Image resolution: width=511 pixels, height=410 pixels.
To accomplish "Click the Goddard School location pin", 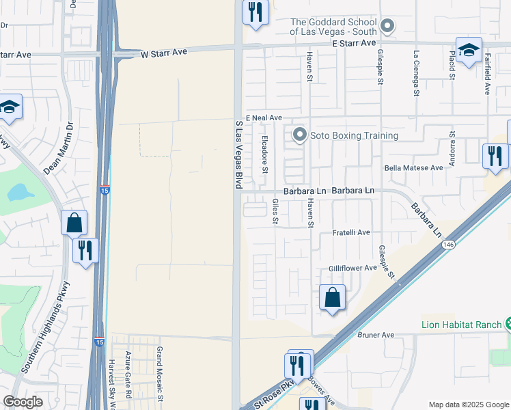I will pos(388,27).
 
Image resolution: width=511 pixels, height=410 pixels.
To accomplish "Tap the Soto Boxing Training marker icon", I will pos(299,135).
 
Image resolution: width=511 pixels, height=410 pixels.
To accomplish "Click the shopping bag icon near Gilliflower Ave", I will pos(332,298).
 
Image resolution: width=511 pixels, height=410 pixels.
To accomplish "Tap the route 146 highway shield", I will pos(448,244).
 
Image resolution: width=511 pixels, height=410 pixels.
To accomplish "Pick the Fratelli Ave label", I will pos(350,233).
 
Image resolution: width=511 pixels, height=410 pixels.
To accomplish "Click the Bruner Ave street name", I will pos(376,335).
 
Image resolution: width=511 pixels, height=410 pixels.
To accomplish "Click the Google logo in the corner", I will pos(23,402).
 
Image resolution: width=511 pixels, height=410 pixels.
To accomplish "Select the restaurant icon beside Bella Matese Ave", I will pos(495,156).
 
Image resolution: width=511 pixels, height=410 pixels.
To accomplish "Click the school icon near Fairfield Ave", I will pos(469,51).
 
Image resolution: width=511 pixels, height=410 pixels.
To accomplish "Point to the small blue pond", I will pos(20,192).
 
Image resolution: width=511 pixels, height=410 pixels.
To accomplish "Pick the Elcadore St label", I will pos(265,160).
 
